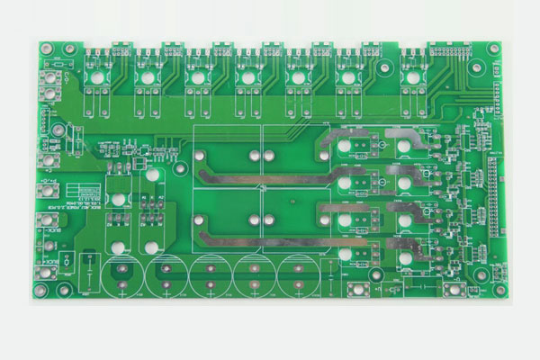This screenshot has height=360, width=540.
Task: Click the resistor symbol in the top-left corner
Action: click(57, 65)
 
